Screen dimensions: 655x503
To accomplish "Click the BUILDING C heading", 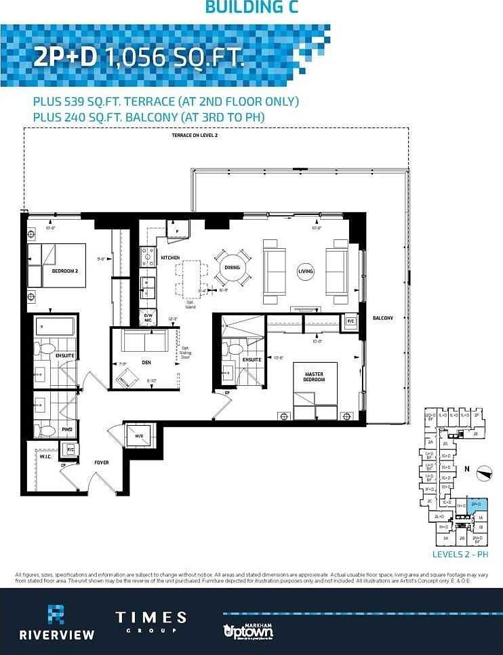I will pyautogui.click(x=251, y=7).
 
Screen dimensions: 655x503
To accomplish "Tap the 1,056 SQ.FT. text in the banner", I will pyautogui.click(x=174, y=58).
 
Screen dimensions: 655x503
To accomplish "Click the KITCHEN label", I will pyautogui.click(x=170, y=258).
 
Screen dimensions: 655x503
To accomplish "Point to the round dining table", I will pyautogui.click(x=232, y=267).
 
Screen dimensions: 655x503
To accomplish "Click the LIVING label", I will pyautogui.click(x=306, y=271).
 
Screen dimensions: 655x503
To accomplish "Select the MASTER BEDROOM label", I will pyautogui.click(x=314, y=377).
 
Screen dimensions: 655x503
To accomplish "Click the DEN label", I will pyautogui.click(x=146, y=363).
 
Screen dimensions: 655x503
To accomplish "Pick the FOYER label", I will pyautogui.click(x=102, y=462).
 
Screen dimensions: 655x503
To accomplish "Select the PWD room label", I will pyautogui.click(x=66, y=429).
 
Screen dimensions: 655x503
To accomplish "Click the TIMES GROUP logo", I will pyautogui.click(x=150, y=622).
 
